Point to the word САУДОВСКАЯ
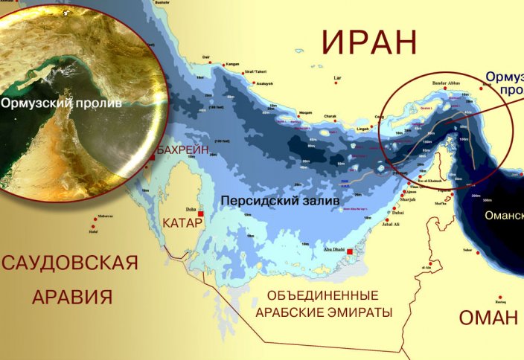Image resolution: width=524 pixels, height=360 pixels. (71, 263)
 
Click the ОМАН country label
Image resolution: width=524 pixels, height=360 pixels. (488, 318)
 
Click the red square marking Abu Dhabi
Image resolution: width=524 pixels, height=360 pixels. (350, 251)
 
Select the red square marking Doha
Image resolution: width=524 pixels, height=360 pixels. (200, 214)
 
